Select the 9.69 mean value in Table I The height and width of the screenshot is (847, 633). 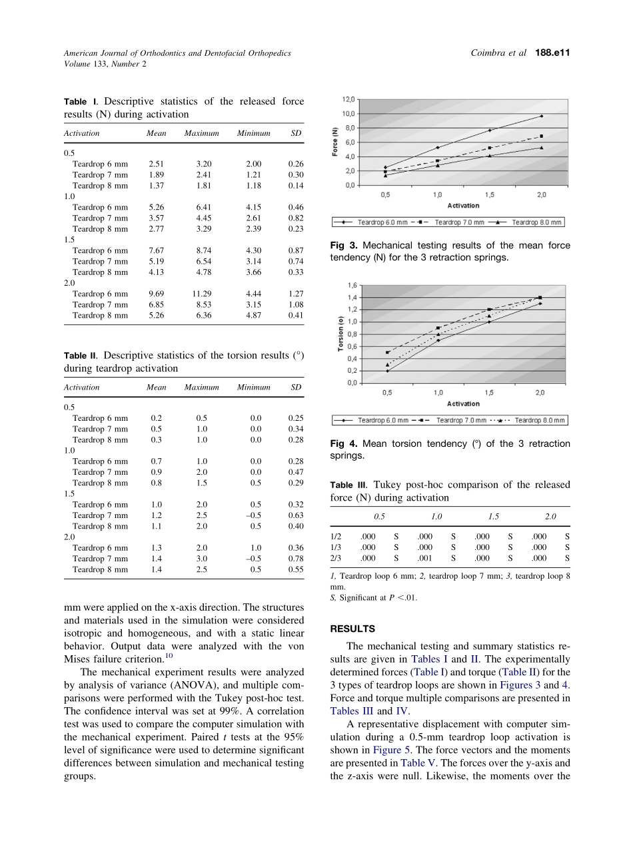pyautogui.click(x=156, y=294)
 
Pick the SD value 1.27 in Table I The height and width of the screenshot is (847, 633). pyautogui.click(x=296, y=294)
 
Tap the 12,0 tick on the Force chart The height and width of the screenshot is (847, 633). pyautogui.click(x=348, y=99)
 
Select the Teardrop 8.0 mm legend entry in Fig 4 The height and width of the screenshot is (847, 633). pyautogui.click(x=540, y=420)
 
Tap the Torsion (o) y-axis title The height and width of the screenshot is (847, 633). pyautogui.click(x=340, y=334)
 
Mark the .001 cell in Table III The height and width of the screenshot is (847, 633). pyautogui.click(x=424, y=558)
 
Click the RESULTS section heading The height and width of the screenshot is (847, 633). pyautogui.click(x=352, y=629)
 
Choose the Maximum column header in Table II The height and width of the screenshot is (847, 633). pyautogui.click(x=201, y=387)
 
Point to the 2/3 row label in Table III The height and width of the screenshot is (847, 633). pyautogui.click(x=336, y=558)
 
